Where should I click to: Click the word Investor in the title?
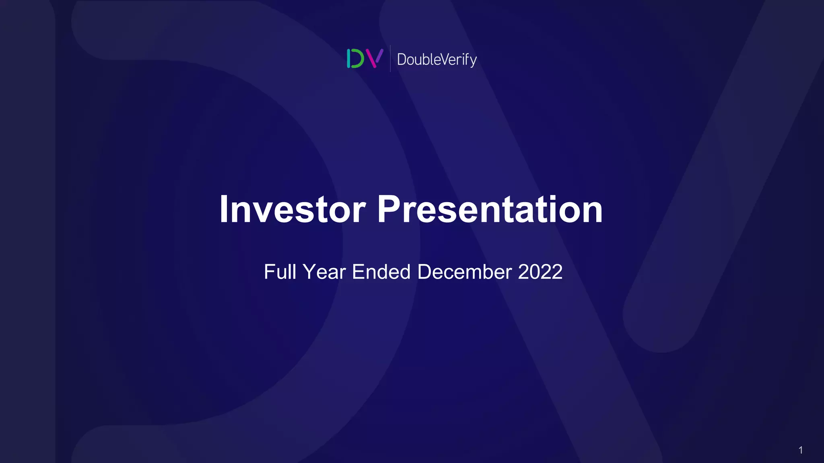[293, 209]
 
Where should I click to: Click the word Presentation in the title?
[490, 209]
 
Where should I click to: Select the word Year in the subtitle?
[324, 272]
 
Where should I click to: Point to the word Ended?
[381, 272]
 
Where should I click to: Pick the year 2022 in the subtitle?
[540, 272]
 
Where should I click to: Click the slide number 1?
[800, 450]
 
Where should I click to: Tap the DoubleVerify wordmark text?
[437, 59]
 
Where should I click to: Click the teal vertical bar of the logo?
[348, 59]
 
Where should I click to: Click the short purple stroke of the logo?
[379, 56]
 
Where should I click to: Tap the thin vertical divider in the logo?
[390, 59]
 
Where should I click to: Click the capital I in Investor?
[224, 209]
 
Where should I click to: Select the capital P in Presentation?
[388, 209]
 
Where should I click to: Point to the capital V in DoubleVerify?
[441, 59]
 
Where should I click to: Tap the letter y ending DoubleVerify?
[473, 61]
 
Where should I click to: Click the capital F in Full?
[270, 272]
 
